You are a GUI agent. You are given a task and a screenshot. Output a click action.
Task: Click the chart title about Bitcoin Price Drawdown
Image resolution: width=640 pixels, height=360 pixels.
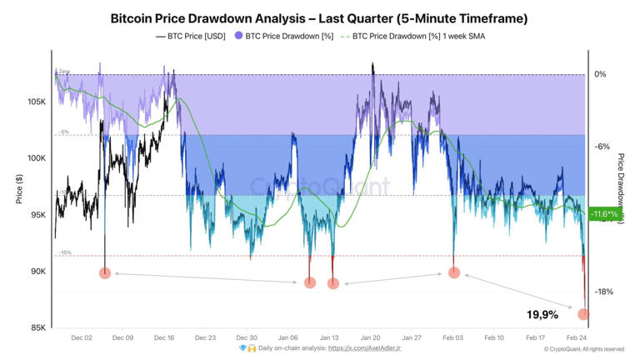pyautogui.click(x=319, y=17)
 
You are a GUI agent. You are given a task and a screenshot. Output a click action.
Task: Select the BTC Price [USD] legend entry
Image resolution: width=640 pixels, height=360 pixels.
pyautogui.click(x=192, y=37)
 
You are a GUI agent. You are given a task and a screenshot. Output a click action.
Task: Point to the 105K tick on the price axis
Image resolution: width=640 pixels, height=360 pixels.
pyautogui.click(x=36, y=102)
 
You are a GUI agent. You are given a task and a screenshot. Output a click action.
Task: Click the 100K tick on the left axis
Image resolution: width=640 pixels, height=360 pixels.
pyautogui.click(x=36, y=158)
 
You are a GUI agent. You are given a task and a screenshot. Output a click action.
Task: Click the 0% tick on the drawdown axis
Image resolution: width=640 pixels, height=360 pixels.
pyautogui.click(x=600, y=74)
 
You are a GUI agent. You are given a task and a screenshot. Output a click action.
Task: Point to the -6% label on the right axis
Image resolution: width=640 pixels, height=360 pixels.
pyautogui.click(x=601, y=147)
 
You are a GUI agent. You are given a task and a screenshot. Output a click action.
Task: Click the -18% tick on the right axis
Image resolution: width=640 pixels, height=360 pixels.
pyautogui.click(x=603, y=292)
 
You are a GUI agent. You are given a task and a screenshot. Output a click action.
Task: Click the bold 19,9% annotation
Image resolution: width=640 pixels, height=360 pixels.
pyautogui.click(x=542, y=315)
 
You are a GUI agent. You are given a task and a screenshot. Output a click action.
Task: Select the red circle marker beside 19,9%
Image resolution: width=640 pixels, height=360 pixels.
pyautogui.click(x=583, y=315)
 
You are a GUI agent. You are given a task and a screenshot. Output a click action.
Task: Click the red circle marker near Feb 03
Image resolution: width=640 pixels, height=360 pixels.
pyautogui.click(x=454, y=272)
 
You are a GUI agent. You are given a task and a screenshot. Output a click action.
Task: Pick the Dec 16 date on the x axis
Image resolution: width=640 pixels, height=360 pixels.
pyautogui.click(x=164, y=338)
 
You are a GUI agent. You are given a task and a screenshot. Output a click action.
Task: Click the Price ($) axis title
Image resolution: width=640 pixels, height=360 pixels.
pyautogui.click(x=18, y=190)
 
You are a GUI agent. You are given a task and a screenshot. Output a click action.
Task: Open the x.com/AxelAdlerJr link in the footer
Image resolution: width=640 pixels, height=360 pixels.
pyautogui.click(x=364, y=348)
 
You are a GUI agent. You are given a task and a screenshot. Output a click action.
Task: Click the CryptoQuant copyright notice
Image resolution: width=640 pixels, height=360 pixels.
pyautogui.click(x=583, y=349)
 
